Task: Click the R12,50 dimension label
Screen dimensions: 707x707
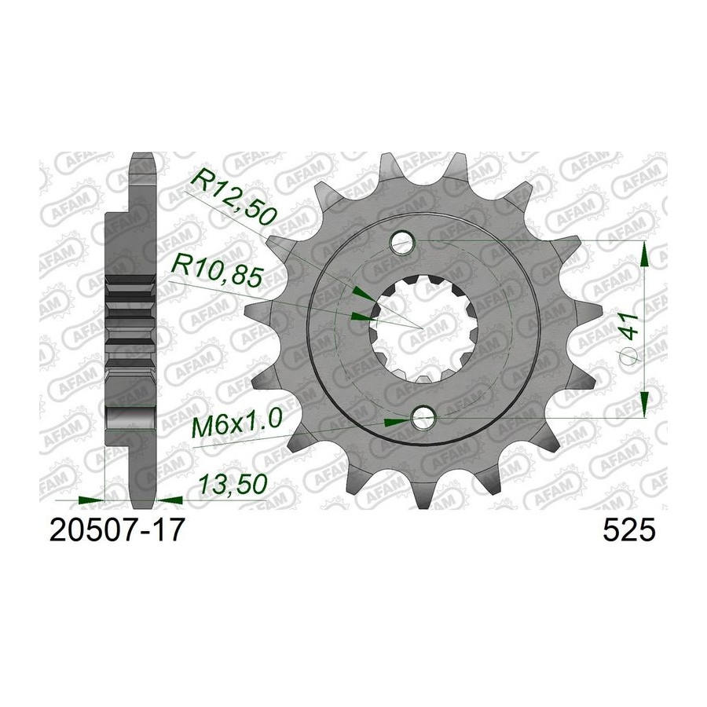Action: [x=233, y=196]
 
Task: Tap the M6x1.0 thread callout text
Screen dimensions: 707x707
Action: [x=236, y=423]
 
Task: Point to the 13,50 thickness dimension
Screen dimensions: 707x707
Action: [x=233, y=485]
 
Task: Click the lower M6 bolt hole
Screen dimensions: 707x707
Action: [x=423, y=418]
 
